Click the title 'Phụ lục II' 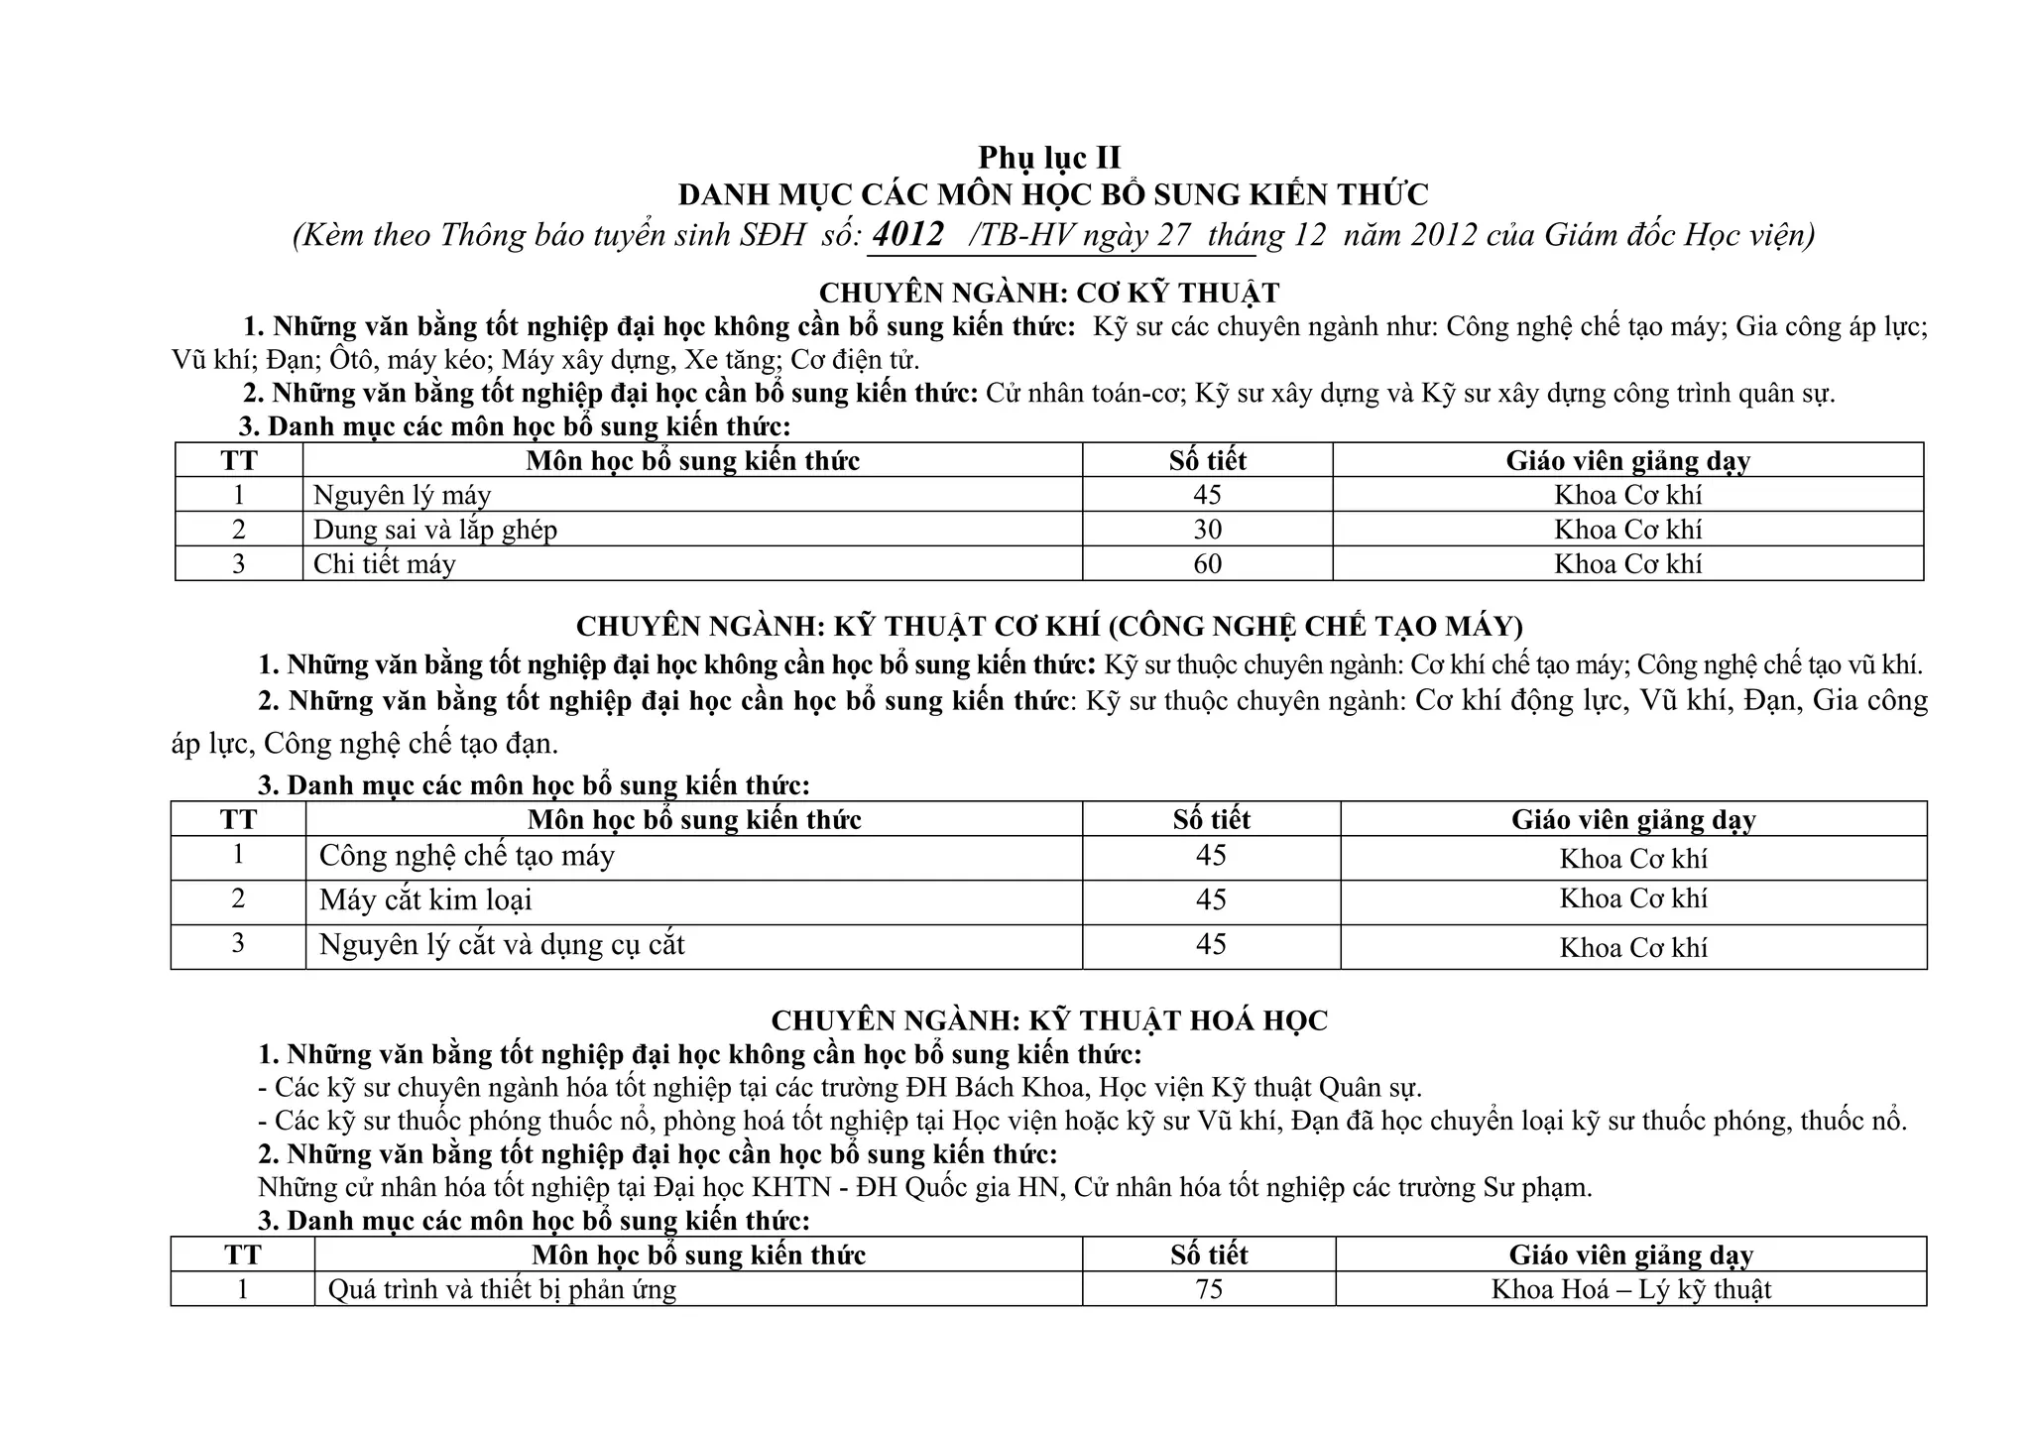1049,158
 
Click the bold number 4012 909,235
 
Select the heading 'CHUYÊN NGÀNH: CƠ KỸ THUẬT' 1049,294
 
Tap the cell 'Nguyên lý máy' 402,495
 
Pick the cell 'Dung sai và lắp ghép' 435,530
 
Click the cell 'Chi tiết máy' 385,564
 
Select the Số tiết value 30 1207,530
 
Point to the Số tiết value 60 1207,564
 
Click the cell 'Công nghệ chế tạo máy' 466,856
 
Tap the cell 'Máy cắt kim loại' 425,900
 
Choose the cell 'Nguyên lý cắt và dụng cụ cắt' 502,944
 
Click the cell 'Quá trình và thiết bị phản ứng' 502,1289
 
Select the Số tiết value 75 1209,1289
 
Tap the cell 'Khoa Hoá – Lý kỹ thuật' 1630,1289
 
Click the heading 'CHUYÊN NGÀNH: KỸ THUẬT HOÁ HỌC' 1049,1020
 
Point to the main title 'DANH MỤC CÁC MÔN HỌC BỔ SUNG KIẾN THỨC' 1053,194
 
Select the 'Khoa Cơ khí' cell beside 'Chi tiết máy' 1627,564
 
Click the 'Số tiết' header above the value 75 1209,1255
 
